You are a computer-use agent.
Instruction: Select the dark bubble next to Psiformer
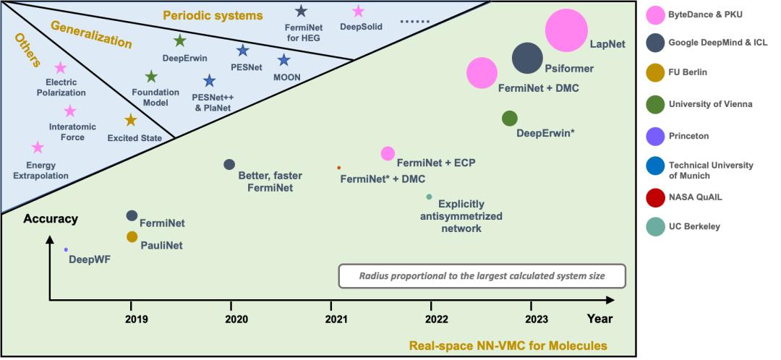(527, 58)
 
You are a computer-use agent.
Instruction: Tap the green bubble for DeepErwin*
(510, 118)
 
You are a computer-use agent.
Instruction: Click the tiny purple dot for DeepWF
(66, 249)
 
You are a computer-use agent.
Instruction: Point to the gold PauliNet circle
(132, 236)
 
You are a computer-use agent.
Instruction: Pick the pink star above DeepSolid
(357, 11)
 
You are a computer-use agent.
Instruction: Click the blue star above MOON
(283, 60)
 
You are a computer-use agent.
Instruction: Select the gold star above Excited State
(130, 120)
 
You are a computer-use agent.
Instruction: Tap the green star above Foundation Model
(150, 77)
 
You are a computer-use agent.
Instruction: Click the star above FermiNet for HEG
(301, 11)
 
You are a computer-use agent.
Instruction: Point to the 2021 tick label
(335, 319)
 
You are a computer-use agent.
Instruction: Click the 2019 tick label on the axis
(132, 319)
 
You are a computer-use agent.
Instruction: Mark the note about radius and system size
(482, 275)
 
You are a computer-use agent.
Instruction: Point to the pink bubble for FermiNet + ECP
(388, 153)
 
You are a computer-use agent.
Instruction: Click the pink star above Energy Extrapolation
(38, 147)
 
